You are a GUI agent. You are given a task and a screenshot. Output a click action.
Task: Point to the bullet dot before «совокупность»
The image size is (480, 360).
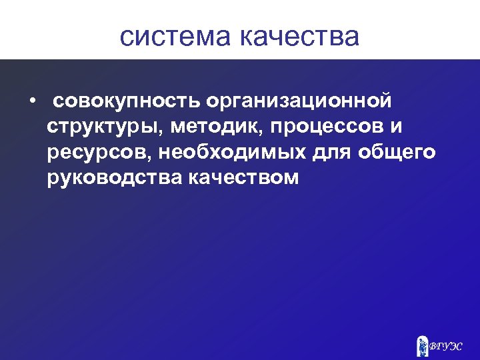point(31,102)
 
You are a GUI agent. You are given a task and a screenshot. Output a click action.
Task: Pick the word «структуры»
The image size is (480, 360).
point(101,127)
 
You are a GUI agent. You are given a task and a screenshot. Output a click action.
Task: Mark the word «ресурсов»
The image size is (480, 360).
point(99,153)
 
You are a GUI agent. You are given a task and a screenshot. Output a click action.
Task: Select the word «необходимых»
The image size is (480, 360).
point(233,153)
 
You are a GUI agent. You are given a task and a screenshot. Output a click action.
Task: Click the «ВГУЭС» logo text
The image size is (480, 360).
point(446,346)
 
